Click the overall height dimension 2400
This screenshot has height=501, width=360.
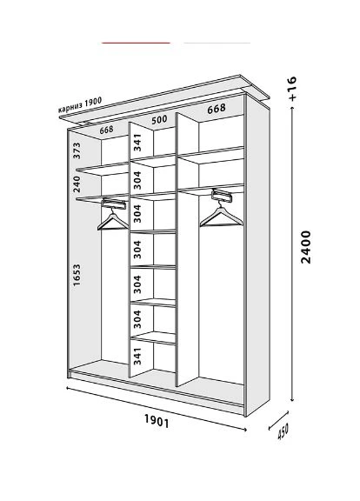click(x=306, y=247)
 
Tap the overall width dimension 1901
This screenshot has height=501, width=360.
click(x=157, y=420)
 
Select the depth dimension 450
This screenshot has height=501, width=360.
click(x=283, y=431)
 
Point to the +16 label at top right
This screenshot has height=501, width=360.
click(x=292, y=89)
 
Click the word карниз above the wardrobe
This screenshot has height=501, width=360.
click(x=70, y=107)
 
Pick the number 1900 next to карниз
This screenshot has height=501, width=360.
click(x=93, y=102)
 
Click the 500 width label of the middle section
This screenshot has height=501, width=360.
click(x=159, y=120)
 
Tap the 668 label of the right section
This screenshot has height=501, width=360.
click(x=217, y=109)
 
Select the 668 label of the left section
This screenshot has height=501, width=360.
click(x=106, y=130)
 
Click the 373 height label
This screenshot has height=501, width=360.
click(x=77, y=150)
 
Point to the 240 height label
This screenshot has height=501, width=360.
click(x=77, y=184)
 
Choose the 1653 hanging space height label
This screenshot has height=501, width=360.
click(x=77, y=275)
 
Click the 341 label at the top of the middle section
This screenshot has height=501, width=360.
click(x=137, y=143)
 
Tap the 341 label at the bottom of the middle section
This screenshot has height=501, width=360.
click(x=137, y=356)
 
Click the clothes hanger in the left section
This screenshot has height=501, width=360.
click(x=113, y=219)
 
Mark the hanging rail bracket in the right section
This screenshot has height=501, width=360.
click(x=222, y=195)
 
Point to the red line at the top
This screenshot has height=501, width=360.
click(x=136, y=43)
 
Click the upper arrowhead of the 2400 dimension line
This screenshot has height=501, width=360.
click(x=292, y=109)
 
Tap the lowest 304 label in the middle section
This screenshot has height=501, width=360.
click(x=137, y=319)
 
